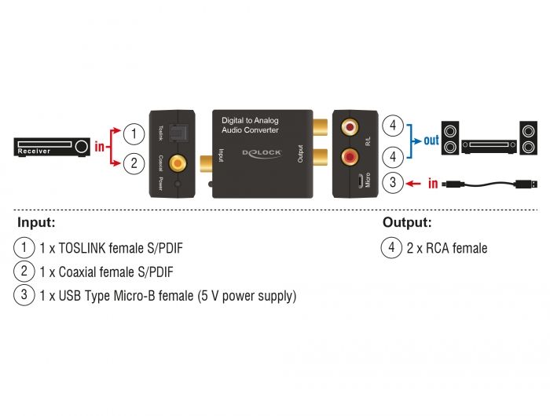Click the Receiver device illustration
(x=52, y=148)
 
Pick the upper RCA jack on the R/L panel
(x=348, y=126)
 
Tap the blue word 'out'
(x=431, y=142)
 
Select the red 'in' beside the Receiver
(x=100, y=147)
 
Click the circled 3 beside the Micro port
(x=392, y=184)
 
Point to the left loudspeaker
(x=449, y=138)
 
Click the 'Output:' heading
(x=407, y=223)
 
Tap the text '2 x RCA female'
(x=447, y=248)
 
